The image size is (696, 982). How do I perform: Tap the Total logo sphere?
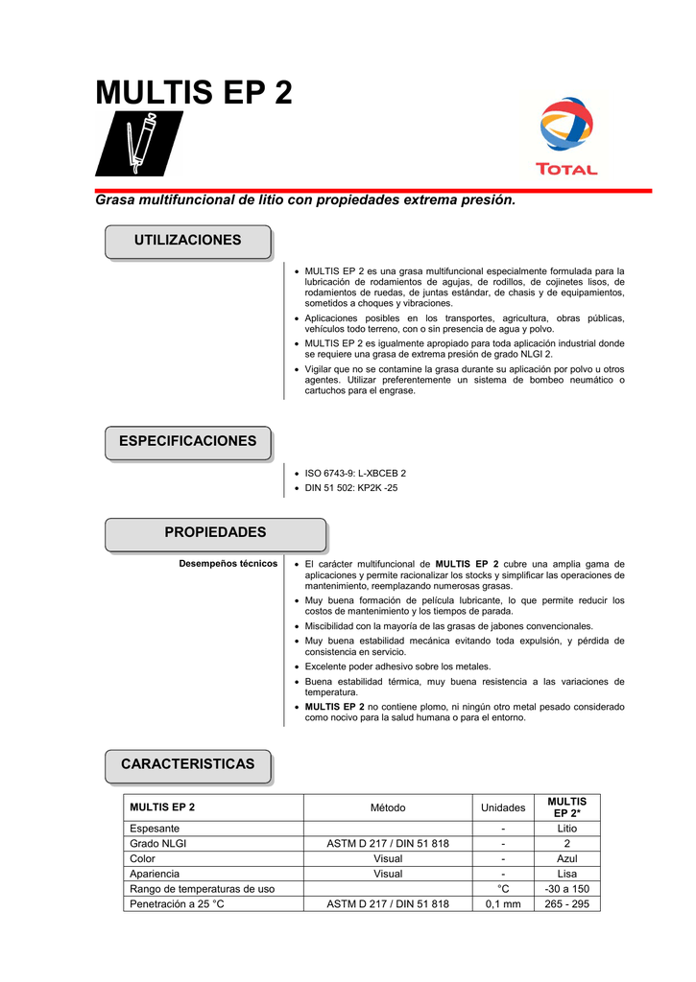coord(567,127)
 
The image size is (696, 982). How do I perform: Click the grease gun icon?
coord(138,143)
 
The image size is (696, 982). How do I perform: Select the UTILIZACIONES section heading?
coord(187,241)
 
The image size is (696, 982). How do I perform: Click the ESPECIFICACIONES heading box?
coord(187,442)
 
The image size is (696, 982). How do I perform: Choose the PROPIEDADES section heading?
coord(215,533)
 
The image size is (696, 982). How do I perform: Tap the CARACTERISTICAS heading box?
coord(187,764)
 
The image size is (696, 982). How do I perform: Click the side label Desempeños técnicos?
coord(228,564)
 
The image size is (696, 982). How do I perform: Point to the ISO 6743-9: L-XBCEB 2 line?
coord(355,474)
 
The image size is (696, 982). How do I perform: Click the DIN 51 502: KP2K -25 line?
coord(350,488)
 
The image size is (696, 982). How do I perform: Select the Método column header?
coord(388,807)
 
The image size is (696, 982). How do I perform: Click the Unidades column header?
coord(502,807)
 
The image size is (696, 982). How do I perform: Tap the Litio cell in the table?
coord(566,829)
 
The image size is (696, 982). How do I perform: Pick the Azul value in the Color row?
coord(566,858)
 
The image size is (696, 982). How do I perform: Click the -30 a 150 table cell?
coord(566,889)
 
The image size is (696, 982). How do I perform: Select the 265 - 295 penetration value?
coord(566,903)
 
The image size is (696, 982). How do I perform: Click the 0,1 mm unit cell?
coord(502,903)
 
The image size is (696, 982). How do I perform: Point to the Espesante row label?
coord(155,829)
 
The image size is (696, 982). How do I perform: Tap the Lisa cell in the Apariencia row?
coord(566,874)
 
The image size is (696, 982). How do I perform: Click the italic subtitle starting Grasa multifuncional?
coord(305,201)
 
